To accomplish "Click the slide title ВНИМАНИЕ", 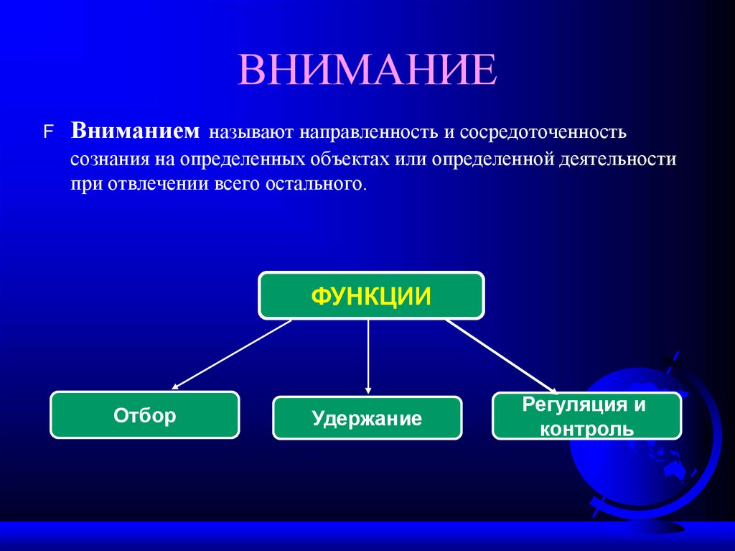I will tap(367, 70).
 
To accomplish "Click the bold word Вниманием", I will tap(134, 131).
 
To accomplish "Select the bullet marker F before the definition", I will tap(48, 133).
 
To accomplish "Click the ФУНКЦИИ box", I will tap(371, 295).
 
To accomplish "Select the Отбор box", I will tap(144, 415).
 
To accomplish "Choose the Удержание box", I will tap(367, 418).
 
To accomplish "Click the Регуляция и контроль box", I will tap(586, 416).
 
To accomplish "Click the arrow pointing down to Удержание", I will tap(368, 356).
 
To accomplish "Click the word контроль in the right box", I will tap(586, 429).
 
